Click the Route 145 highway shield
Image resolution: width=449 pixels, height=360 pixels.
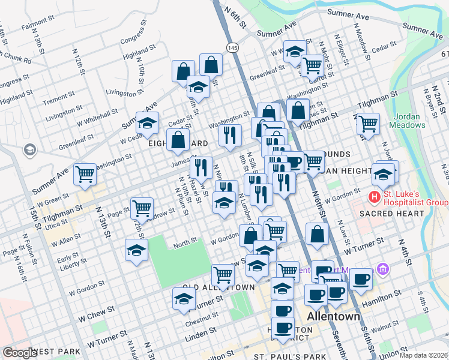click(x=232, y=47)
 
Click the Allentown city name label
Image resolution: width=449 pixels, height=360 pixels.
click(x=333, y=316)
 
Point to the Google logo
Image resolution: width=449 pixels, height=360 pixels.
click(x=19, y=353)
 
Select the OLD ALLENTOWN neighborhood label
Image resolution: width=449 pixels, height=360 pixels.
click(x=215, y=288)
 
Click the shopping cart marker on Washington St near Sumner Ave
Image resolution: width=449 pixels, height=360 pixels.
click(x=85, y=174)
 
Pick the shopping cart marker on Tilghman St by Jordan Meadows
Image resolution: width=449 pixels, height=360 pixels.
click(x=368, y=124)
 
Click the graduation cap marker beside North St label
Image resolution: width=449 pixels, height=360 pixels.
click(x=136, y=250)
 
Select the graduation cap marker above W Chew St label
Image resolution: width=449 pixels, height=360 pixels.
click(x=184, y=299)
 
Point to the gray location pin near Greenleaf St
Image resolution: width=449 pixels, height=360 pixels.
click(x=29, y=149)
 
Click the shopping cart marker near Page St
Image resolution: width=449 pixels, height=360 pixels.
click(x=142, y=208)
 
